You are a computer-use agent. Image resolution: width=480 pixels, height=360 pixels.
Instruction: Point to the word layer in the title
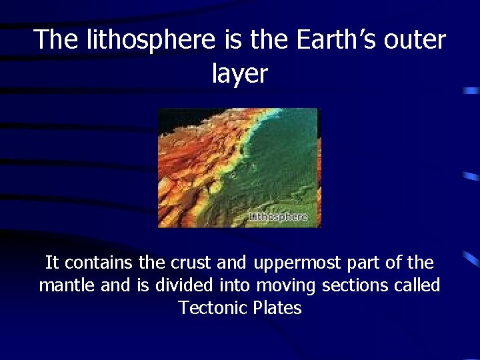(x=239, y=73)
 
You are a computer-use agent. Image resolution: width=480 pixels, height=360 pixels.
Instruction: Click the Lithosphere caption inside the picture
(x=278, y=217)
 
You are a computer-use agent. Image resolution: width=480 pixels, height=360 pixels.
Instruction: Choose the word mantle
(x=67, y=285)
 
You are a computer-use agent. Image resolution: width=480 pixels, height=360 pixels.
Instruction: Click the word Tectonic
(x=213, y=308)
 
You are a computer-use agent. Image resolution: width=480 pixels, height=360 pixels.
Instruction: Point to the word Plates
(x=277, y=308)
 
